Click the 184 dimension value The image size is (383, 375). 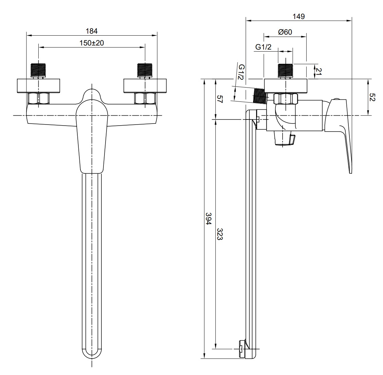pos(92,31)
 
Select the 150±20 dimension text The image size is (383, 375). pos(92,43)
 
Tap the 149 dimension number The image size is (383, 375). pos(299,16)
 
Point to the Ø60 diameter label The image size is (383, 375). pos(285,32)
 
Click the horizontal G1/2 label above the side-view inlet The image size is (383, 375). pos(263,47)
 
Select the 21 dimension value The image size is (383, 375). pos(319,71)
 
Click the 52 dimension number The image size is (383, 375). pos(372,97)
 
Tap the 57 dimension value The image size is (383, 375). pos(220,99)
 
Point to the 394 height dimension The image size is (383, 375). pos(208,219)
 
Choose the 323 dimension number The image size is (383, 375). pos(220,234)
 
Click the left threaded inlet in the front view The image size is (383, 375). pos(38,70)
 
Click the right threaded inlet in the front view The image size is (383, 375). pos(145,70)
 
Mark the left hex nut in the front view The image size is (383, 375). pos(39,98)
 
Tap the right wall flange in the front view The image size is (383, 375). pos(145,86)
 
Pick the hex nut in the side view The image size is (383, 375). pos(286,99)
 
